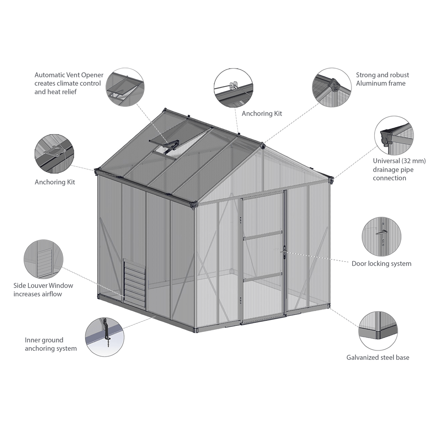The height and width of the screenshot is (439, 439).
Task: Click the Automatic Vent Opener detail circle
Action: click(125, 87)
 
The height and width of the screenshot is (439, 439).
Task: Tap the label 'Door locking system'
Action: click(381, 263)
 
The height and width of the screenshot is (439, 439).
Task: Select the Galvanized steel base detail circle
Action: click(378, 331)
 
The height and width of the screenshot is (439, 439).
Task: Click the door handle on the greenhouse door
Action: click(284, 252)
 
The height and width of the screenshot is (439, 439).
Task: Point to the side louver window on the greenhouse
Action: click(134, 284)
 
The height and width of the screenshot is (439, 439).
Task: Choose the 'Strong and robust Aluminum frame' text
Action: click(382, 79)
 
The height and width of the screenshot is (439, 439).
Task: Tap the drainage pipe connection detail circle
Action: click(394, 135)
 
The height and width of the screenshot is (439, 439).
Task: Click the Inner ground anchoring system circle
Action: click(105, 337)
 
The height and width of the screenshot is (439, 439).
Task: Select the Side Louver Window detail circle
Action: click(43, 259)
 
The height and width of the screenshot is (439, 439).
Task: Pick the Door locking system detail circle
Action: click(381, 236)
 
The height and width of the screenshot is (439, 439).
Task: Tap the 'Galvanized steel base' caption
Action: click(378, 357)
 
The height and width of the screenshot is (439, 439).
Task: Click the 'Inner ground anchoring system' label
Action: click(51, 344)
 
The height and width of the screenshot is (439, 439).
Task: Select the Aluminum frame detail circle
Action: click(331, 87)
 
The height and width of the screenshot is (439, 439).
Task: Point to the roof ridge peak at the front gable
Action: click(262, 145)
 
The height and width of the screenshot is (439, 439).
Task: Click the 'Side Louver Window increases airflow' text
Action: click(43, 290)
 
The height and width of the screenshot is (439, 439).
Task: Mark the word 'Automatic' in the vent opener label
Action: click(50, 75)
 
